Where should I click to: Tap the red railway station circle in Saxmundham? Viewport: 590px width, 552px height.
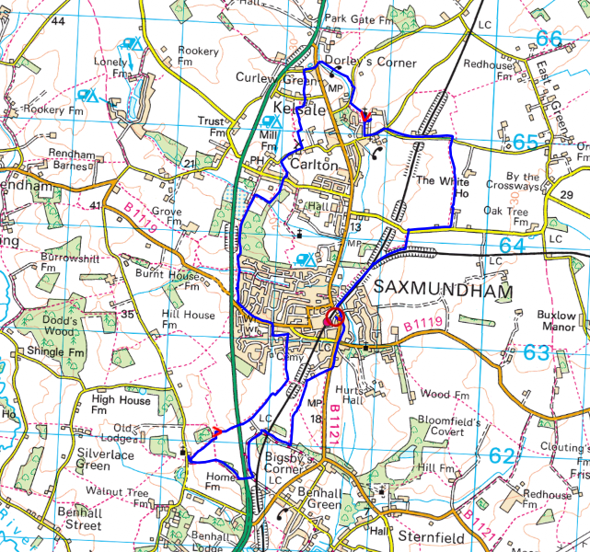[x=333, y=317]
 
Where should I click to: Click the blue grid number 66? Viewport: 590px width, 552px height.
[x=549, y=39]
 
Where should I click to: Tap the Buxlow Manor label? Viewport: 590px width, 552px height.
[x=556, y=321]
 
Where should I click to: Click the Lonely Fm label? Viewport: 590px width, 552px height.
[x=110, y=67]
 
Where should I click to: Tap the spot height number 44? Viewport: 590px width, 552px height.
[x=59, y=20]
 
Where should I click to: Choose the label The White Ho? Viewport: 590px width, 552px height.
[x=442, y=188]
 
